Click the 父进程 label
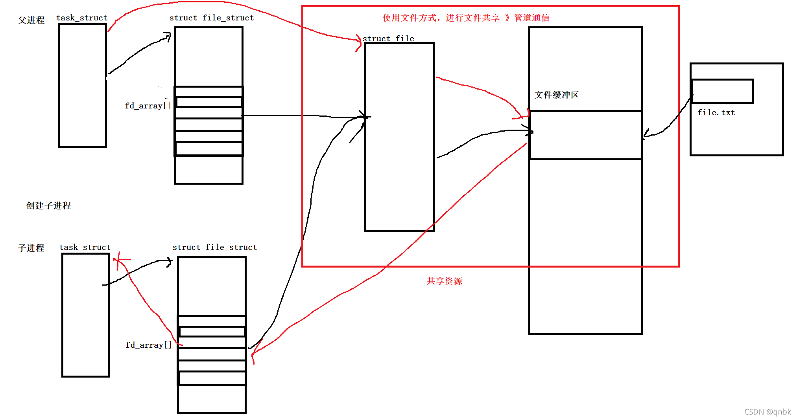[31, 20]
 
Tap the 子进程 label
[31, 248]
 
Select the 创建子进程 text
[48, 205]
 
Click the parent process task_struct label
[82, 18]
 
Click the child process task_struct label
[85, 247]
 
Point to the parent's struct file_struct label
[211, 18]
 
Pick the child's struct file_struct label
[214, 247]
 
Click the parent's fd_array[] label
[148, 106]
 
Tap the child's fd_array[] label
[149, 345]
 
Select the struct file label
[388, 38]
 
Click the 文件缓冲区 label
[557, 95]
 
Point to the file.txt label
[716, 112]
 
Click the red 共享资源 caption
[444, 281]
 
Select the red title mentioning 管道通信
[466, 18]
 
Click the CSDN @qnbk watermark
[767, 411]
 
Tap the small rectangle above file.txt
[722, 91]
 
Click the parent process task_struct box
[83, 86]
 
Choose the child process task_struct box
[86, 315]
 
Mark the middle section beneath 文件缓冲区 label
[585, 135]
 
